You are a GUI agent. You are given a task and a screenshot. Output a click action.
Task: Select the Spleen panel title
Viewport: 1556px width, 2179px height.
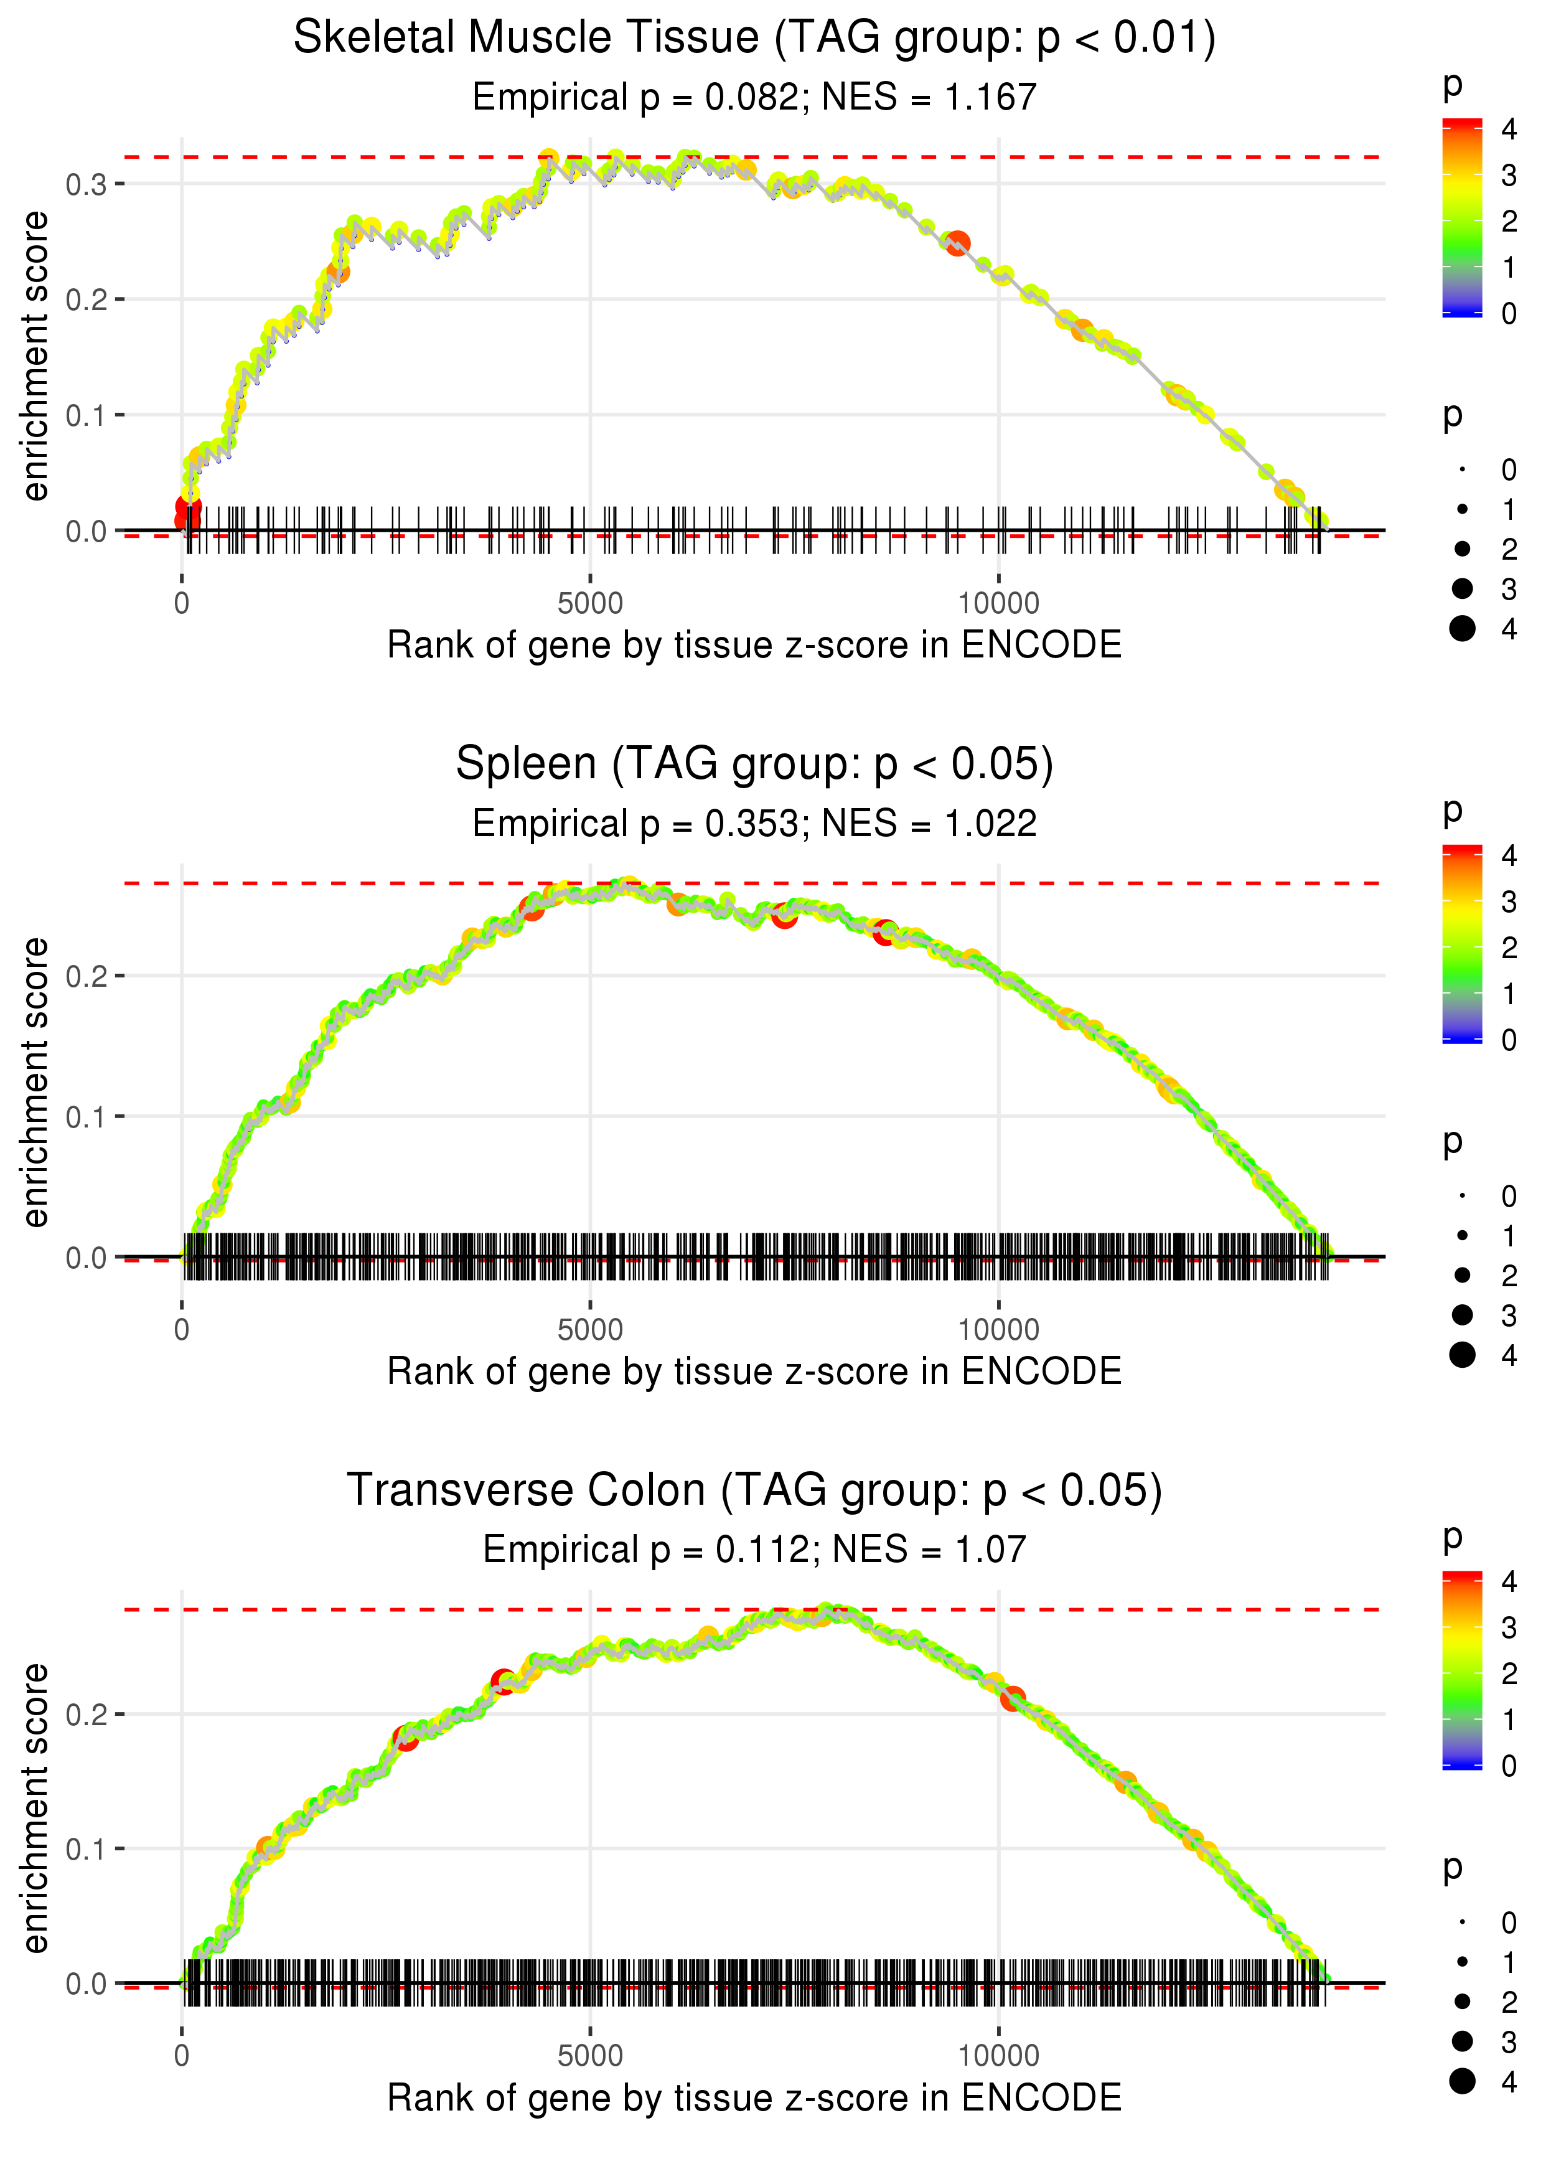754,765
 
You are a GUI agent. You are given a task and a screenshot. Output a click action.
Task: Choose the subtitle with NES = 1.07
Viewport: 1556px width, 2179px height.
754,1550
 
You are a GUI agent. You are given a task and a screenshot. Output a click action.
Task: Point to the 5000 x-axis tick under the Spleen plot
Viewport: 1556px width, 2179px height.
590,1330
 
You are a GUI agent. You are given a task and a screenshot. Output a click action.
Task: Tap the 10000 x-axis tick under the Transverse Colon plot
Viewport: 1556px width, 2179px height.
998,2056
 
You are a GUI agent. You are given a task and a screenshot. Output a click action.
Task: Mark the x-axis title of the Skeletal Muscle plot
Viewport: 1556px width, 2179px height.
754,646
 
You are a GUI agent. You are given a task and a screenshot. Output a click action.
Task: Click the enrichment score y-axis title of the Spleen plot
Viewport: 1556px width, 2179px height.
35,1083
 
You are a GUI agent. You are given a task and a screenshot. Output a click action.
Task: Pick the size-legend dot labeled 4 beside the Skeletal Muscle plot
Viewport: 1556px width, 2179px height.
1462,629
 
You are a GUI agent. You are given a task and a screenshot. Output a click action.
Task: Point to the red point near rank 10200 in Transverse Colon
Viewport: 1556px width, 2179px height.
1013,1699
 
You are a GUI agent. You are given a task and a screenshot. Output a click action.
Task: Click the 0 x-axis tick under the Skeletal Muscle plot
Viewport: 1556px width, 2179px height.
182,604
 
